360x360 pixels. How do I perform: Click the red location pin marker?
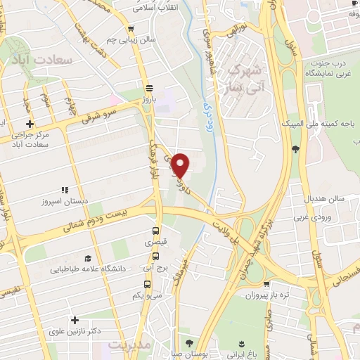click(x=181, y=165)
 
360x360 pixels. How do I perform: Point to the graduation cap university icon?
click(x=87, y=259)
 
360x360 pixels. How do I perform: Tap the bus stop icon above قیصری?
click(x=155, y=231)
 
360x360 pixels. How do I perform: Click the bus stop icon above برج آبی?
click(x=150, y=257)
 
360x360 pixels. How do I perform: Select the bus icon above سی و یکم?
click(x=147, y=284)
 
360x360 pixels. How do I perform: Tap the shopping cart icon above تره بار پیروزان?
click(x=266, y=283)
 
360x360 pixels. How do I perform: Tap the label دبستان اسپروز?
click(x=66, y=200)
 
